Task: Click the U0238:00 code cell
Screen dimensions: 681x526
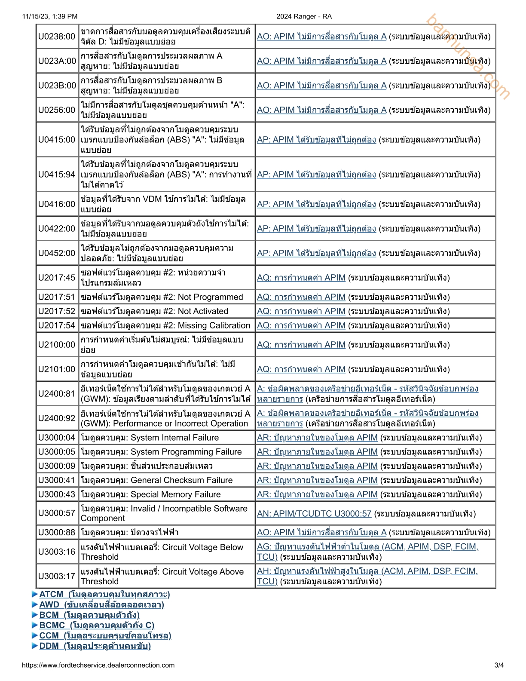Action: pos(57,37)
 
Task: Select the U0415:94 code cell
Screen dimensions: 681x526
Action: pos(57,175)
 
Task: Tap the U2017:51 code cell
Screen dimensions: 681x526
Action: pos(57,297)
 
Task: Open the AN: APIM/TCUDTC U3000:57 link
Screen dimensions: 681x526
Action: pos(314,514)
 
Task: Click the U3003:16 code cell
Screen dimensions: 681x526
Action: pos(57,552)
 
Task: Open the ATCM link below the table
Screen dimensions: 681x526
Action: pos(104,594)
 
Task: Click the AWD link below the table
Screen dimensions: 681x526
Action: pos(101,604)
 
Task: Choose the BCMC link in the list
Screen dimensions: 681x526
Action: pos(97,625)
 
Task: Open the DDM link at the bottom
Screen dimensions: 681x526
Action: pos(95,646)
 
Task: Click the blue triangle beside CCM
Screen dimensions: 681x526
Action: pos(35,635)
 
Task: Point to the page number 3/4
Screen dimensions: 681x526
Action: pos(499,665)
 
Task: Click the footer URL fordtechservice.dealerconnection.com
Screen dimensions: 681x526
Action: pos(98,665)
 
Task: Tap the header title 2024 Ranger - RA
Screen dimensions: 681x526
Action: pos(304,16)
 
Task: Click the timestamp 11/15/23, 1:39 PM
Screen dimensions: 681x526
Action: pos(50,16)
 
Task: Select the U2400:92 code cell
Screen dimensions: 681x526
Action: pos(57,418)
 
